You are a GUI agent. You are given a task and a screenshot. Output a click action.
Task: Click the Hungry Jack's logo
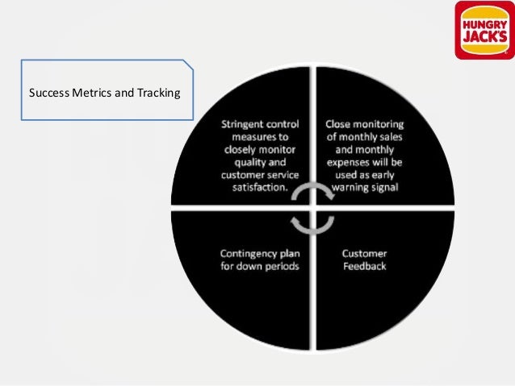(484, 30)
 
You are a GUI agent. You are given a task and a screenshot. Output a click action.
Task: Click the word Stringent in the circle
(246, 125)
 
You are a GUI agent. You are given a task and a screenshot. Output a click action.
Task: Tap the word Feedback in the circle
(364, 266)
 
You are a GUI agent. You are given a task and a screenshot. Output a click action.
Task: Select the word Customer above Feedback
(364, 253)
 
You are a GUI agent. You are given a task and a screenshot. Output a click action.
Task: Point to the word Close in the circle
(339, 125)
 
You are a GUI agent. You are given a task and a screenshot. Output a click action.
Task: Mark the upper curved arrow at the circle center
(311, 193)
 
